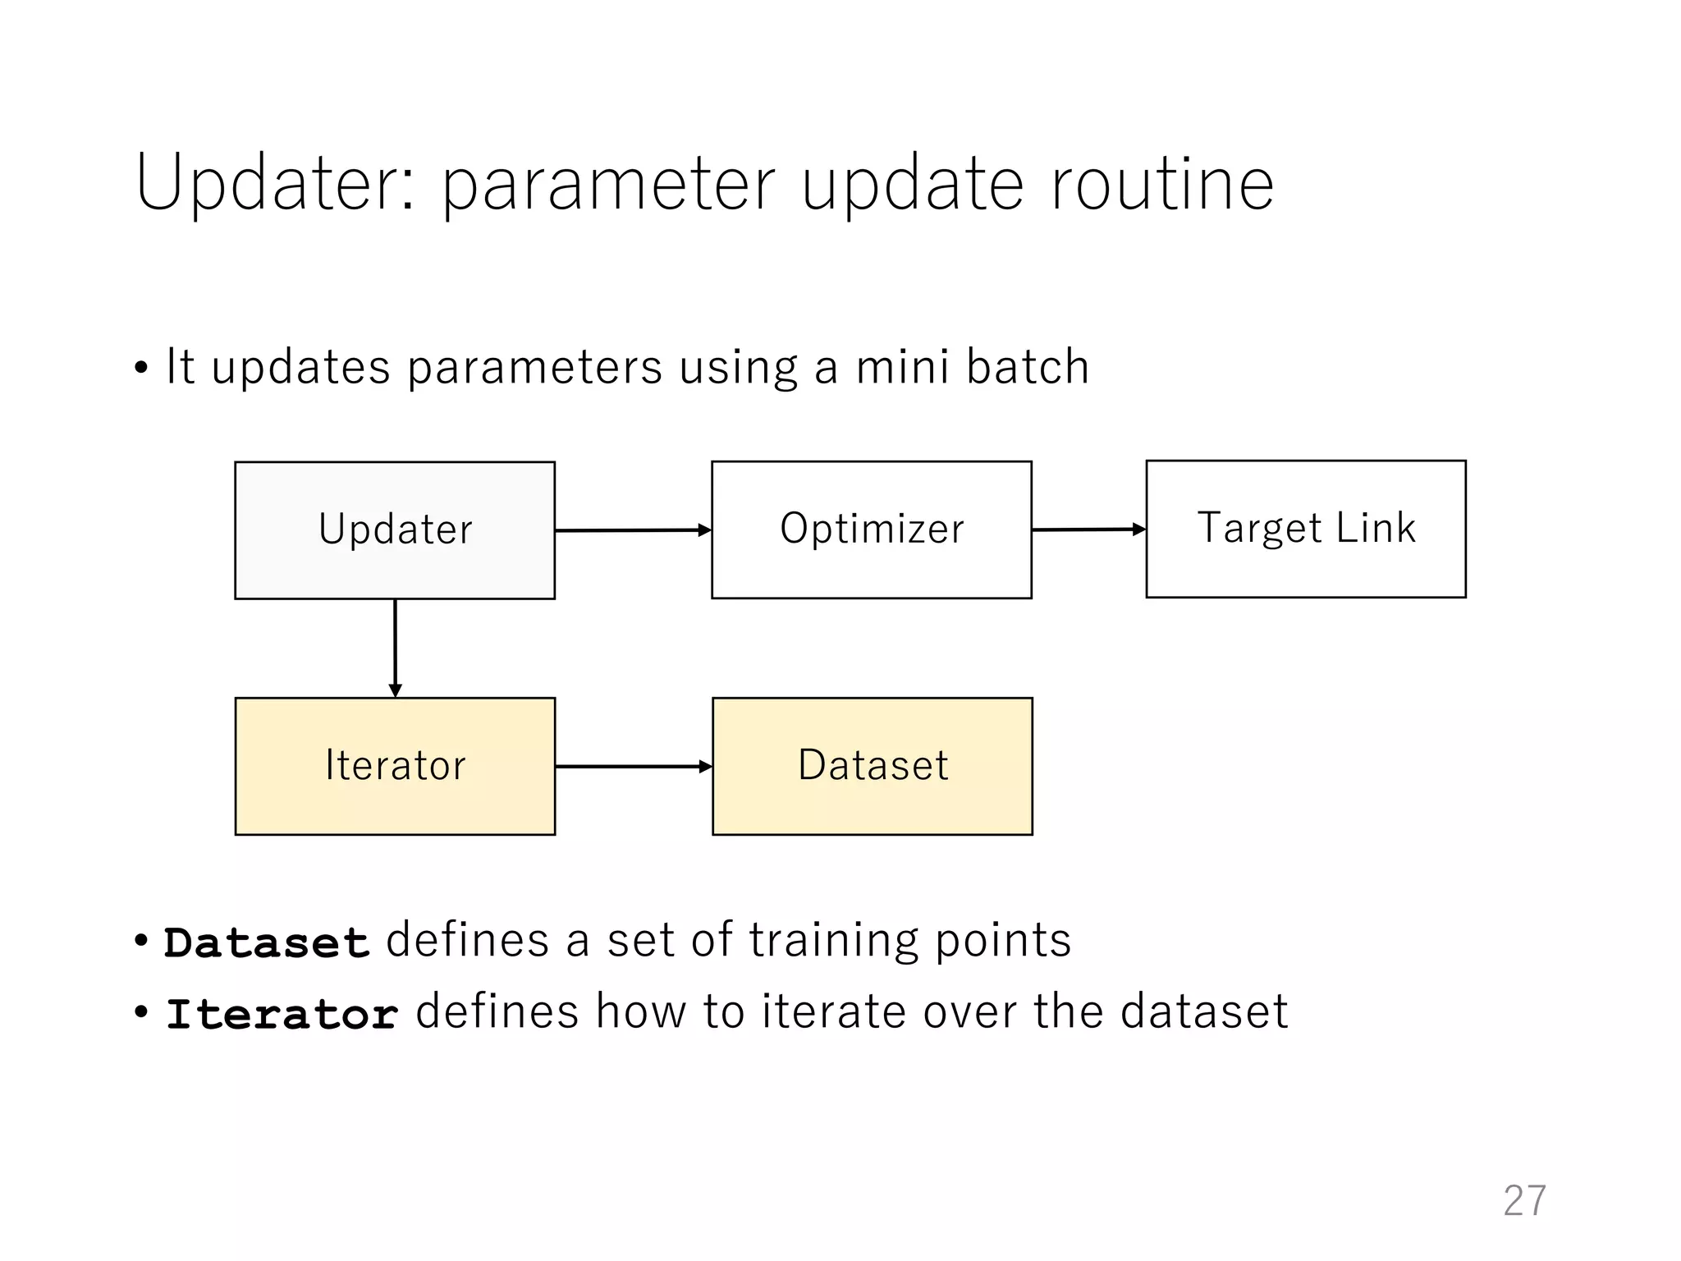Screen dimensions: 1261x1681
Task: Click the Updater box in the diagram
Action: point(395,530)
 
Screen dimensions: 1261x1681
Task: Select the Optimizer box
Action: point(871,530)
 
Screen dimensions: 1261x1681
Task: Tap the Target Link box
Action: point(1305,529)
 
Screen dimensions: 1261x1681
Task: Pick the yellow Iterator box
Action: point(395,766)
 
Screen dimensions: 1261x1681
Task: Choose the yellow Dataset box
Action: point(872,766)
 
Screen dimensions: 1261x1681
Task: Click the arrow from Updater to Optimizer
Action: point(632,530)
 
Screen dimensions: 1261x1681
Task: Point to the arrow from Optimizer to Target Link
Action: point(1088,530)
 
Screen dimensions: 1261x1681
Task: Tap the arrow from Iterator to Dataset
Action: point(632,766)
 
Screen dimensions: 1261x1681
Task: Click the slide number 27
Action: point(1524,1200)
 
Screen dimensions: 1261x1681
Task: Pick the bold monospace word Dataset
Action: point(267,942)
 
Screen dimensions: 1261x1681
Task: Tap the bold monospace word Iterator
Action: point(282,1013)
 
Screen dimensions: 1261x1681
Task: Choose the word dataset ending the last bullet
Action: point(1204,1011)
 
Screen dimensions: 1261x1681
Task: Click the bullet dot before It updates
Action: point(141,369)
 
